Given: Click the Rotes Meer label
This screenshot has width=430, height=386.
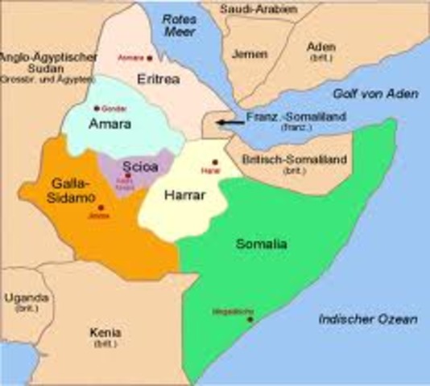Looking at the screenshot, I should click(x=180, y=23).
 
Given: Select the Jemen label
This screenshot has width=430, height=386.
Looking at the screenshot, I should click(x=249, y=54).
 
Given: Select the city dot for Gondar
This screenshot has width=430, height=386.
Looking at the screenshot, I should click(x=97, y=108).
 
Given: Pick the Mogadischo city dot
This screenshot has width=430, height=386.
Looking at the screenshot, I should click(x=250, y=320).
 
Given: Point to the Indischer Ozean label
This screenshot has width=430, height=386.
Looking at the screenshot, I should click(x=367, y=320).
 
